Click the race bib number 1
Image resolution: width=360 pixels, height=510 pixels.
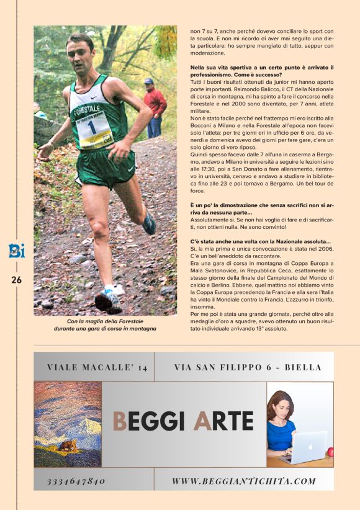click(92, 127)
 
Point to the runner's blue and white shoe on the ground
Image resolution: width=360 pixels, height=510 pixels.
click(108, 300)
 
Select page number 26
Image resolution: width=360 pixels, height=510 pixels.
click(16, 280)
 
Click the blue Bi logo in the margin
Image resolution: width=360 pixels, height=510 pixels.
click(16, 251)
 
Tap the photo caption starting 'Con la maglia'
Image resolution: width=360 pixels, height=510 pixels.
click(105, 324)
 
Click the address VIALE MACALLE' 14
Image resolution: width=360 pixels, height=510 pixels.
click(97, 367)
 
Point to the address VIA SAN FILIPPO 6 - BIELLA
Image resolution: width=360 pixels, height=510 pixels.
click(248, 367)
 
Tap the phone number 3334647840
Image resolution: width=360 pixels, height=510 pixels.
click(76, 481)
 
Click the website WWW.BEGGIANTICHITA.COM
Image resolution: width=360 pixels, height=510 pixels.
click(243, 481)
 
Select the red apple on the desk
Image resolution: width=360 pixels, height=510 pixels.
click(330, 451)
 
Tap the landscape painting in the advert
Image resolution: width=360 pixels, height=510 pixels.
click(68, 424)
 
